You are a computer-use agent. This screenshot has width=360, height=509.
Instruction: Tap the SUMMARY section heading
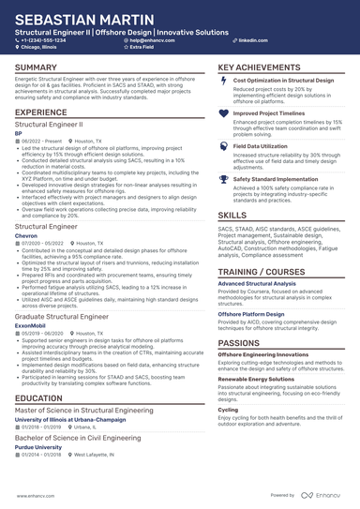36,67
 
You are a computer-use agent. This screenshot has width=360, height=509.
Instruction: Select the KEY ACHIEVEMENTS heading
261,67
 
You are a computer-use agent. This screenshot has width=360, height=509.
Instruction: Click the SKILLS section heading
232,215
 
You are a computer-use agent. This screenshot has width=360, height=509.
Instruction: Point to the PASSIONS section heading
239,318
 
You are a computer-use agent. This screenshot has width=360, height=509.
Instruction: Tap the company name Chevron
27,236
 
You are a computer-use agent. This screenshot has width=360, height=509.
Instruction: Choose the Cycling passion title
228,410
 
